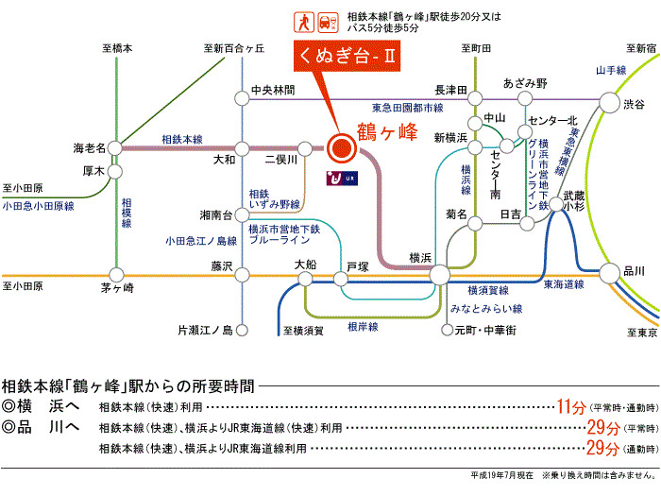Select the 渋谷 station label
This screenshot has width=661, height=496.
636,105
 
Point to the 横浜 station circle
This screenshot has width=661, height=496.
440,275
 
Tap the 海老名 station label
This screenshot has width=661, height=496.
91,147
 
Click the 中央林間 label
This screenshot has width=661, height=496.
273,91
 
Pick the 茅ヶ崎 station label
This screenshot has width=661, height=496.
118,288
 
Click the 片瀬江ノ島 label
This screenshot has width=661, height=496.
205,330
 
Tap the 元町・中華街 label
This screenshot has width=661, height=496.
484,330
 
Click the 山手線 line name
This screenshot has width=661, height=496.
611,71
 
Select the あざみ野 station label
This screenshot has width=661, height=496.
525,83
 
